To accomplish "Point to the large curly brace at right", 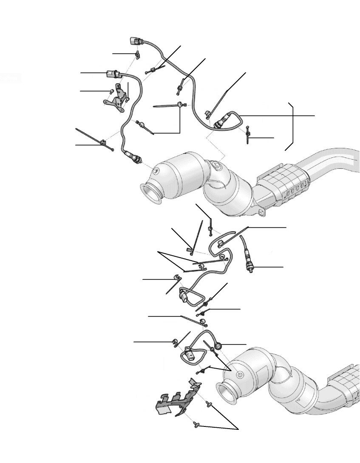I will point(292,126).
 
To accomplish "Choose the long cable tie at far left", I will point(94,138).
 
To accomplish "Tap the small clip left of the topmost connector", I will point(138,54).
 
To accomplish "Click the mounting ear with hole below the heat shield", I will point(260,211).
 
